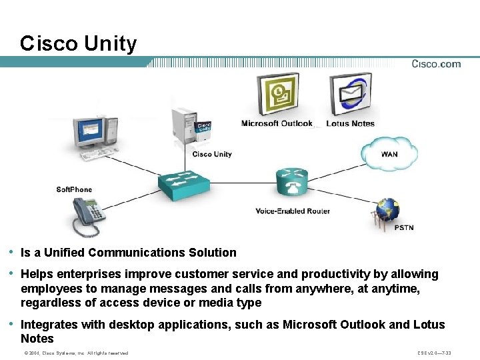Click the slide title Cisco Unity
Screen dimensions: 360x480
click(78, 43)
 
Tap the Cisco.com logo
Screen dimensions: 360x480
click(435, 64)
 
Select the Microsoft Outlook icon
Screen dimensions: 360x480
click(277, 94)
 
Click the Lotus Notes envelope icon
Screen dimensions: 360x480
click(351, 94)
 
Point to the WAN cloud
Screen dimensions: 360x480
click(390, 154)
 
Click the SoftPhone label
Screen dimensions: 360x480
click(74, 190)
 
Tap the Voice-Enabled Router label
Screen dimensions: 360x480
click(293, 211)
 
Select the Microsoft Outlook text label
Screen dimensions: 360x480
click(277, 123)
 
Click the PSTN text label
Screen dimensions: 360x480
click(403, 228)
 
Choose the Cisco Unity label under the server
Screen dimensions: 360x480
click(212, 155)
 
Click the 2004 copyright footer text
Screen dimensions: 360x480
click(75, 353)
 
